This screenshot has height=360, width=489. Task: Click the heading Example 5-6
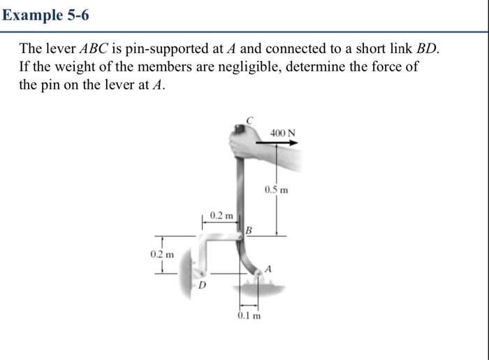click(45, 14)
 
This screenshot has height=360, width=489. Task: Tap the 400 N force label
click(282, 133)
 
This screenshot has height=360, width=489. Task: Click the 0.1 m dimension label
click(249, 316)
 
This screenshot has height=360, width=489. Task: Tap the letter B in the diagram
click(248, 229)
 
